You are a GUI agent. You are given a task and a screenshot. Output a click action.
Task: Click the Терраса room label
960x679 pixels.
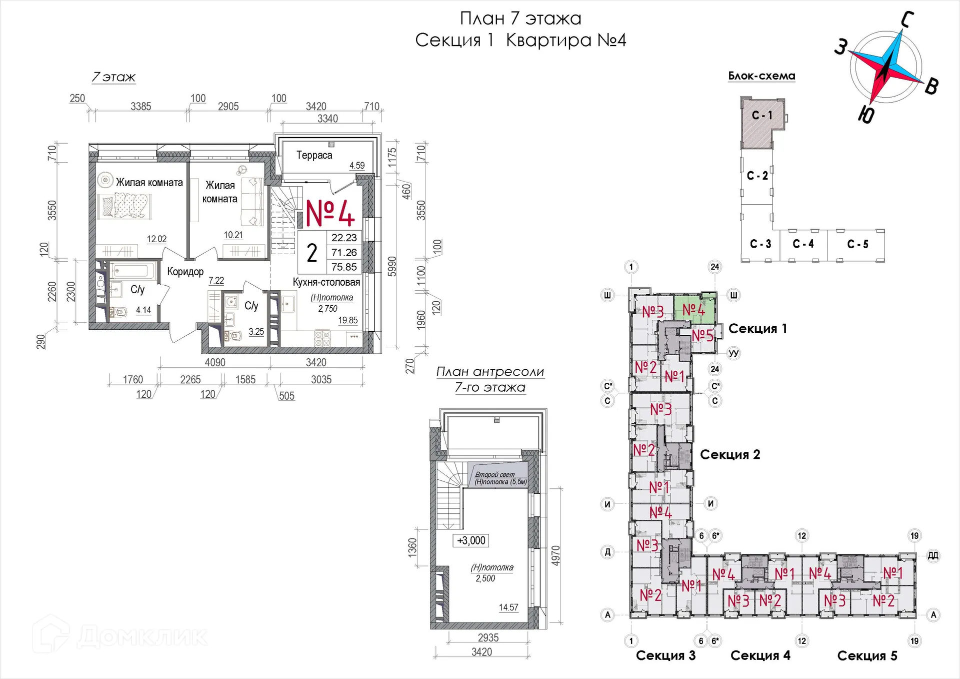click(x=314, y=155)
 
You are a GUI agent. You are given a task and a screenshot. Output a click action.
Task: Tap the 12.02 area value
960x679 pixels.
click(x=156, y=239)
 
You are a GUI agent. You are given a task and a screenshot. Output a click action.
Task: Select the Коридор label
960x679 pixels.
click(x=185, y=272)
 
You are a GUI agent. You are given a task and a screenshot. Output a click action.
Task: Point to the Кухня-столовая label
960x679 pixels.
click(x=326, y=282)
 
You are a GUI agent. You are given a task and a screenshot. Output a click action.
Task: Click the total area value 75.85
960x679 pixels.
click(x=344, y=267)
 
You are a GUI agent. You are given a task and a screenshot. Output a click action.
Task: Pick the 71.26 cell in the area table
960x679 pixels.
click(x=344, y=252)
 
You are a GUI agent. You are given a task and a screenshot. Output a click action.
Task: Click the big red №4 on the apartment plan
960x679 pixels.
click(x=330, y=213)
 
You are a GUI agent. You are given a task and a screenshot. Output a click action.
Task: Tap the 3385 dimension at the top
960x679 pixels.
click(x=141, y=106)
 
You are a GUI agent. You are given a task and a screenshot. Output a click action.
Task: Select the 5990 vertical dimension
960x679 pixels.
click(x=392, y=266)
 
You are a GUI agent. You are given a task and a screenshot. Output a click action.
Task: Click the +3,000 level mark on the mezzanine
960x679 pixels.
click(x=471, y=540)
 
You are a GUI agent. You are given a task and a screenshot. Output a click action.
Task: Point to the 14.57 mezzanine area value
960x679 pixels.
click(x=508, y=607)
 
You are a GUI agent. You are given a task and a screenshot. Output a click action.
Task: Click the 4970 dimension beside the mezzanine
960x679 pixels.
click(x=555, y=555)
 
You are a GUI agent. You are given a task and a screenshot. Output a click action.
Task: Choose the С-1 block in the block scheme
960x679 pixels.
click(x=762, y=115)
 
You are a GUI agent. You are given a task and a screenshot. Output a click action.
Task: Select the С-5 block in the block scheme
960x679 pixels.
click(x=857, y=244)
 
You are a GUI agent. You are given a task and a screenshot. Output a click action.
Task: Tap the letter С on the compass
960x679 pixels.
click(x=907, y=20)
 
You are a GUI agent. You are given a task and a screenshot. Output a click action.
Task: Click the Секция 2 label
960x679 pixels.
click(x=730, y=454)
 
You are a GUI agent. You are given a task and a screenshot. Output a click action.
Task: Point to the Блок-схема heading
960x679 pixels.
click(x=761, y=76)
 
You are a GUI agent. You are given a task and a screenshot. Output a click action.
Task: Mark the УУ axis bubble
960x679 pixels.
click(x=733, y=353)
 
